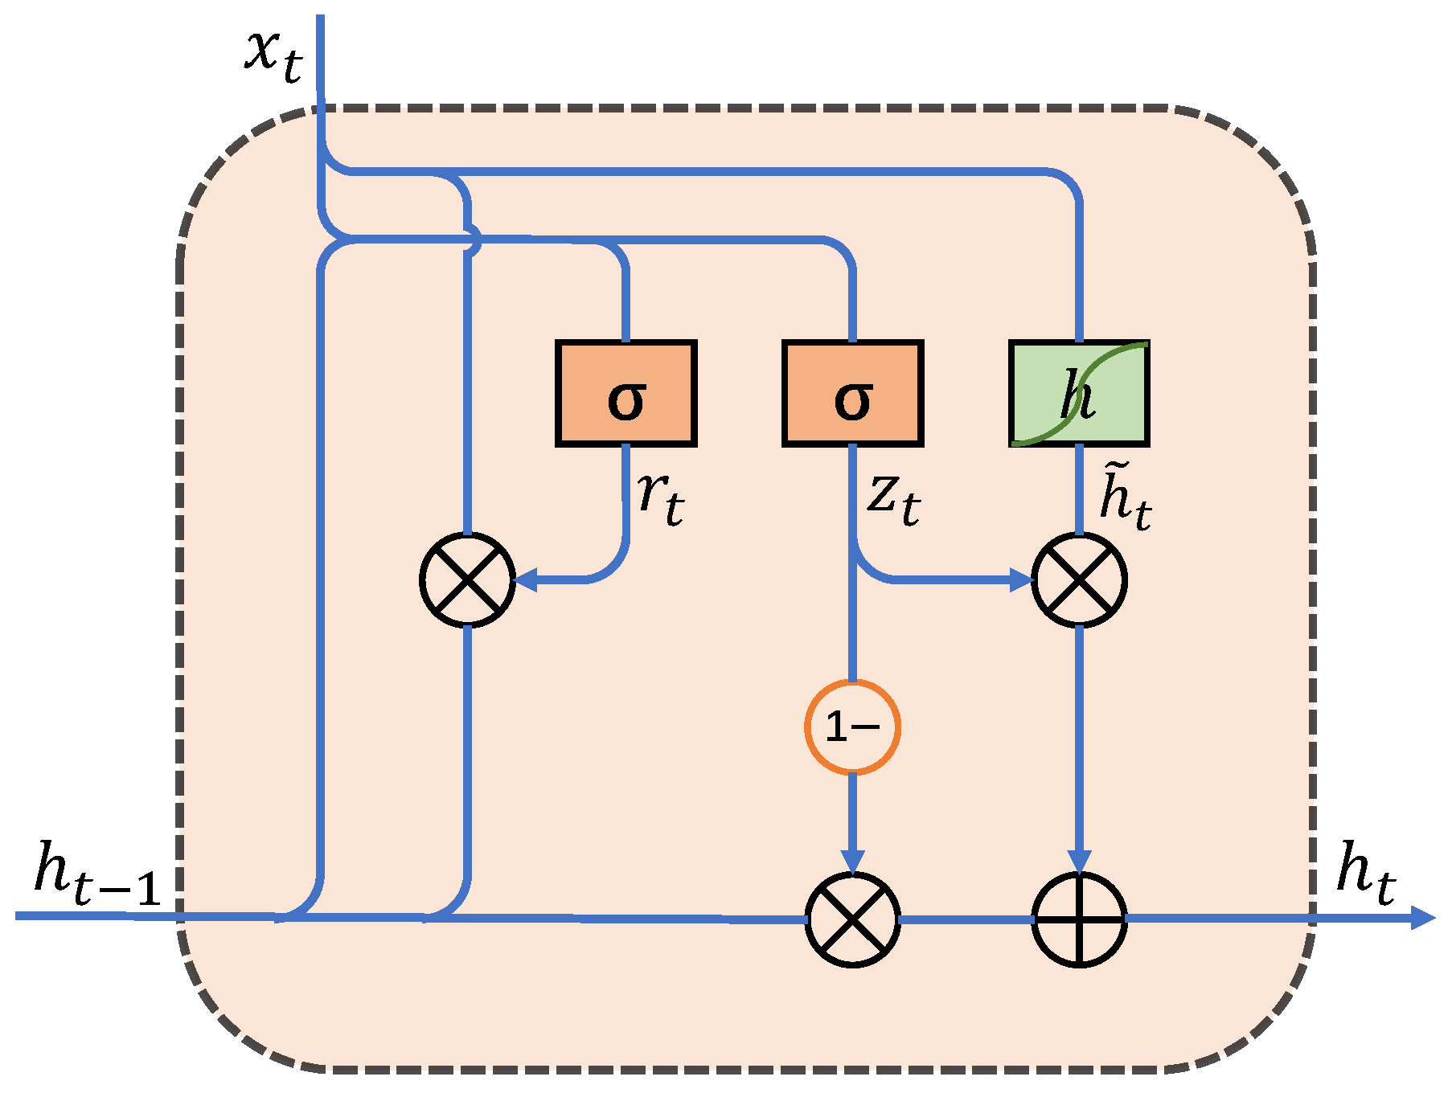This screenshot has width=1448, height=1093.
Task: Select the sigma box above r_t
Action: tap(626, 394)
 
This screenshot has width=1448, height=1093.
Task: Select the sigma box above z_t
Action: tap(852, 394)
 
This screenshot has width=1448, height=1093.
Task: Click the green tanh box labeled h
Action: tap(1079, 394)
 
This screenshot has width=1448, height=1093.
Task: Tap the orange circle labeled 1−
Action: tap(852, 727)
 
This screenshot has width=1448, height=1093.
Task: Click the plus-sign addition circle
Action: tap(1079, 919)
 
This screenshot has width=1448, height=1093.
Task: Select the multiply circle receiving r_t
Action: tap(467, 579)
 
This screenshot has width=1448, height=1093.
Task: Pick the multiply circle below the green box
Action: tap(1079, 579)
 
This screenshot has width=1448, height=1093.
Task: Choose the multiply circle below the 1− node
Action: tap(852, 919)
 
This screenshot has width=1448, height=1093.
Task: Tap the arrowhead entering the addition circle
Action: tap(1079, 862)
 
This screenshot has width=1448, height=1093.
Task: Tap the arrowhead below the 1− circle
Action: tap(852, 862)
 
